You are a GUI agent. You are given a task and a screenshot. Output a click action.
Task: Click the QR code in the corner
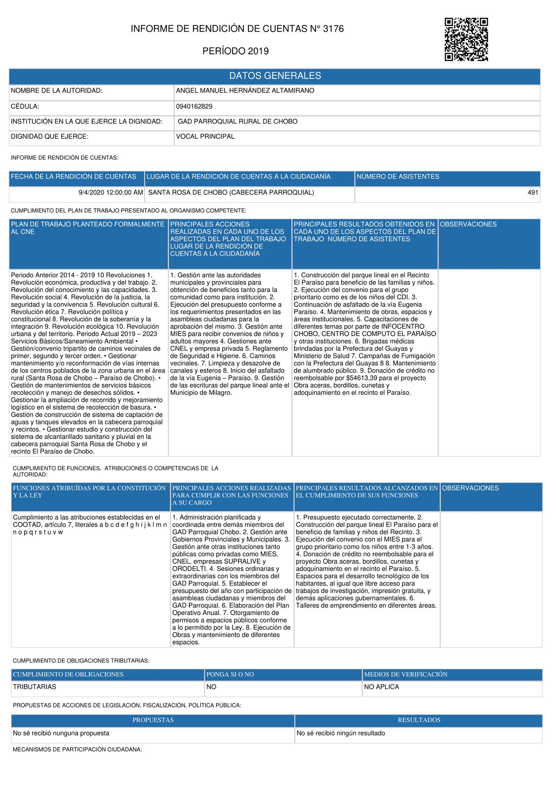pos(466,40)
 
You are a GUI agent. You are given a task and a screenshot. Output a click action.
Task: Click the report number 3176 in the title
pos(334,29)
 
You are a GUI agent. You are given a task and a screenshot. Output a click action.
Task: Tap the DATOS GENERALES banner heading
pos(275,76)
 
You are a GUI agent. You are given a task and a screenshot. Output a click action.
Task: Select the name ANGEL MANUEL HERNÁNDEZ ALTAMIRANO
pos(245,91)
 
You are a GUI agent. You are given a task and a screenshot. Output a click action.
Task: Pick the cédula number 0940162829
pos(194,107)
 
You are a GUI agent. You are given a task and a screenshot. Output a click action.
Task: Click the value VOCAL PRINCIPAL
pos(205,137)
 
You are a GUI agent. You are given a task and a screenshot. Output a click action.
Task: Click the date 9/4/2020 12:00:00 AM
pos(111,193)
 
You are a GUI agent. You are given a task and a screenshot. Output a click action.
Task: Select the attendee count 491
pos(533,193)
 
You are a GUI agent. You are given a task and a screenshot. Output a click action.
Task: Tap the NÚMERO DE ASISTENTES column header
pos(398,177)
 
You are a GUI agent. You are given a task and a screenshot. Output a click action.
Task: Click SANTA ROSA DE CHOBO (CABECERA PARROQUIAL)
pos(231,193)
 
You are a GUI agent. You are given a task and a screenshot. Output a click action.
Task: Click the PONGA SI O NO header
pos(230,674)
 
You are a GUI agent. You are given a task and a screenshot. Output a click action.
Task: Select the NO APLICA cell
pos(382,687)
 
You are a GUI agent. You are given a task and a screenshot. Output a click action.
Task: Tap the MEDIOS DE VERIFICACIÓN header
pos(406,674)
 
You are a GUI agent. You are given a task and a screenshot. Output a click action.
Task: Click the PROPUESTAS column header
pos(153,720)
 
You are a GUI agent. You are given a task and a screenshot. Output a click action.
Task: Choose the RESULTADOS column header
pos(419,720)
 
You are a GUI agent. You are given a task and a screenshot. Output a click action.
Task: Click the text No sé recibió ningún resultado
pos(341,733)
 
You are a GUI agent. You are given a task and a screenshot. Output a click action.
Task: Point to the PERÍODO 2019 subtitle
pos(235,51)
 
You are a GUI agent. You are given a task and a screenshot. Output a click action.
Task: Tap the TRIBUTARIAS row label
pos(35,687)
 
